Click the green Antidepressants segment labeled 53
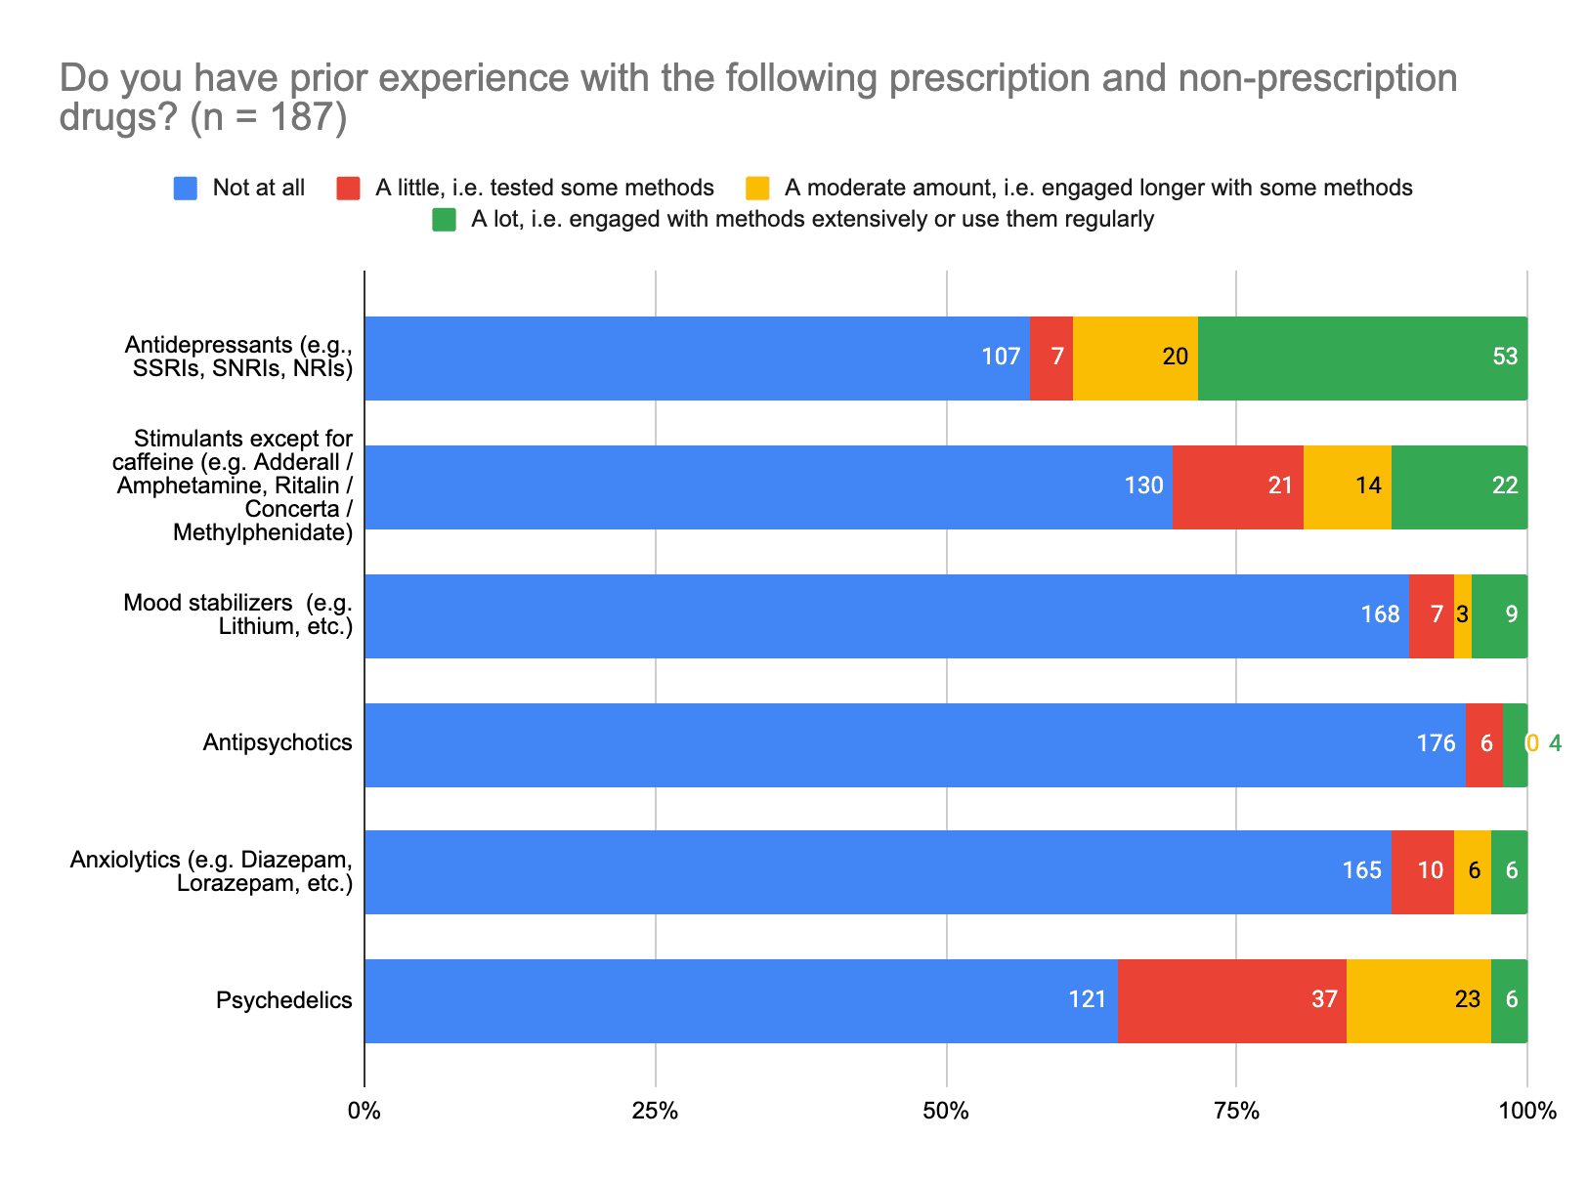1362,358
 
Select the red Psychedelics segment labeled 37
1231,1000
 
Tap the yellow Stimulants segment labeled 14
1347,486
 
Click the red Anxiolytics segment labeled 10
1422,871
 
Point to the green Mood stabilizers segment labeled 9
1499,615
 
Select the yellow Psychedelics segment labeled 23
1418,1000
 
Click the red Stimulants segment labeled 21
1237,486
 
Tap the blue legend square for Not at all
186,188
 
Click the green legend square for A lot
445,220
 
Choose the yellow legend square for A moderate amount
757,188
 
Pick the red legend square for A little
349,188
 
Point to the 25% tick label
655,1112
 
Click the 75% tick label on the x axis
1236,1112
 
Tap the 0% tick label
365,1112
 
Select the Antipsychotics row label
278,743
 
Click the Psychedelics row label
283,1000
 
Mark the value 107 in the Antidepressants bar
1001,357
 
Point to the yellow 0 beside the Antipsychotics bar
1532,744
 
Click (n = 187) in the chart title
269,118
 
